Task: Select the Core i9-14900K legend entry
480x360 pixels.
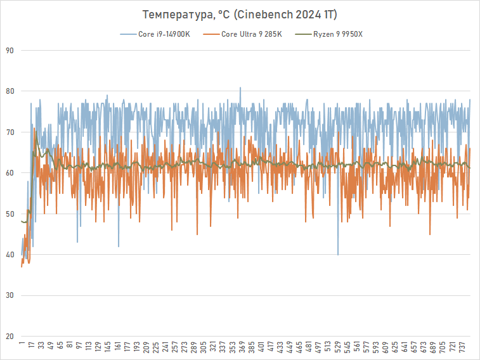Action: pos(164,34)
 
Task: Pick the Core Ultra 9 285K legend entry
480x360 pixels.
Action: pos(251,34)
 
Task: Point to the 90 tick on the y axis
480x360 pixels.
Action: pos(10,51)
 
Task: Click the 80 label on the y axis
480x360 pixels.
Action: pos(10,91)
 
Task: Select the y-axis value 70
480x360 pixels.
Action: pos(10,132)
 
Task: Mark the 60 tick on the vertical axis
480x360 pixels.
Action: pos(10,173)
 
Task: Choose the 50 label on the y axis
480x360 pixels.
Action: pos(10,214)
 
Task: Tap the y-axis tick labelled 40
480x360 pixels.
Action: pos(10,255)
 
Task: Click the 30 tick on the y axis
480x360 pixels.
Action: pos(10,296)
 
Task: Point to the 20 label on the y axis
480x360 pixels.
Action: pos(10,337)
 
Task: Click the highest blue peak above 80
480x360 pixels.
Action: pos(240,88)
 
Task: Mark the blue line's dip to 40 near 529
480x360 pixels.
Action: pos(338,254)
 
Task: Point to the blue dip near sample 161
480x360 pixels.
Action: pos(119,246)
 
